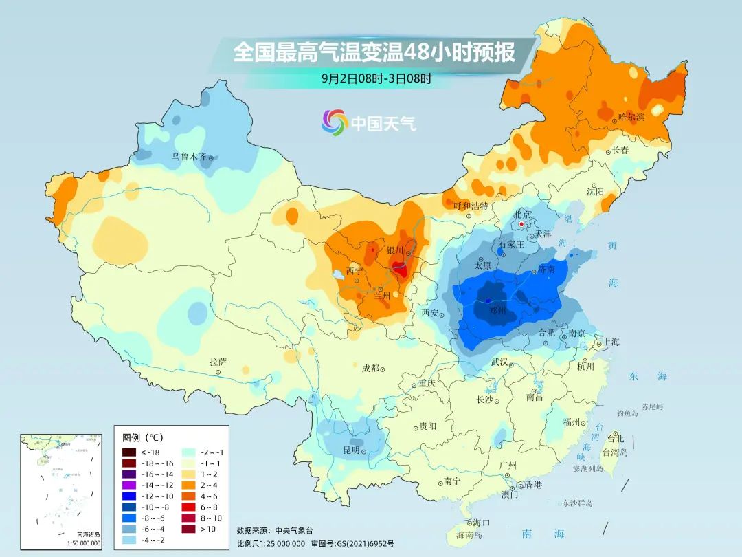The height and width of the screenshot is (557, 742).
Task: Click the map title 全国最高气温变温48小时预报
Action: tap(374, 52)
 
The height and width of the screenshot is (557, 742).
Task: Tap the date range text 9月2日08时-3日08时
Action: tap(376, 78)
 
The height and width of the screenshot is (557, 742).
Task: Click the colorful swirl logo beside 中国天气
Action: tap(335, 122)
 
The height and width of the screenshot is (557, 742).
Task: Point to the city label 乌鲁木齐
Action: tap(189, 157)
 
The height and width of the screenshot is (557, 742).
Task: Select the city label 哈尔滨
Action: tap(631, 118)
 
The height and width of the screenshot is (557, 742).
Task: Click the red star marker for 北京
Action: tap(522, 224)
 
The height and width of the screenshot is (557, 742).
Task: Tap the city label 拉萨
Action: tap(218, 362)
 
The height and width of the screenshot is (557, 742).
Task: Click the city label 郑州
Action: tap(497, 311)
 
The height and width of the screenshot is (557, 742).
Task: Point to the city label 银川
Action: tap(396, 251)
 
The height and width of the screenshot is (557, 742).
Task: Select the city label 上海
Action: tap(611, 342)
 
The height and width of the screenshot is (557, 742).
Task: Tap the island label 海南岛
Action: tap(469, 534)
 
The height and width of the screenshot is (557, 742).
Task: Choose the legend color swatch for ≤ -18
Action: tap(128, 452)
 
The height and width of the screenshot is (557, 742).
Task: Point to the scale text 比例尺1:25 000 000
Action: tap(271, 543)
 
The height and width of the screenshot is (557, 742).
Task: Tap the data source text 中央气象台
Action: tap(294, 530)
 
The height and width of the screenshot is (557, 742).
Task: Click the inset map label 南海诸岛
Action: tap(88, 534)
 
